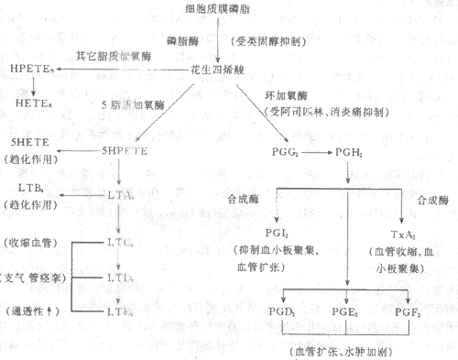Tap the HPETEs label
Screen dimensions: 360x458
coord(30,69)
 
